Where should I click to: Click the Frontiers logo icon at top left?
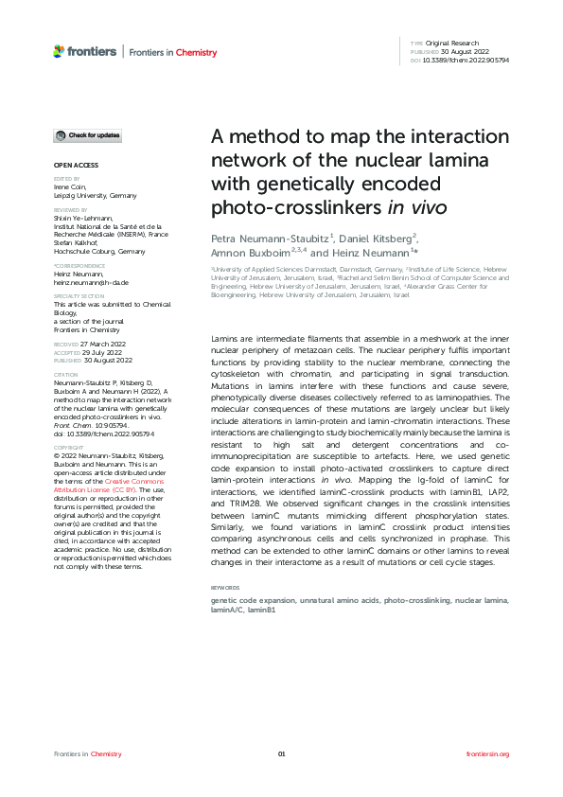pos(59,50)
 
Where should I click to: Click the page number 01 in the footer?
pos(281,753)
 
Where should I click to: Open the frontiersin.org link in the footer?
pos(488,753)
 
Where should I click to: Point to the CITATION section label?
pos(66,374)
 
